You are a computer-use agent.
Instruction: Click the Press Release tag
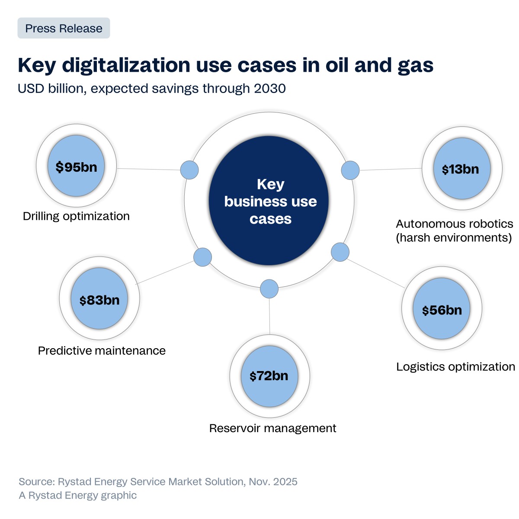tap(64, 29)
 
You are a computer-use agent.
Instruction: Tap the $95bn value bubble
tap(76, 167)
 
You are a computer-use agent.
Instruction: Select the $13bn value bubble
tap(461, 169)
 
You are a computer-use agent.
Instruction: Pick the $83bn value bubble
tap(99, 299)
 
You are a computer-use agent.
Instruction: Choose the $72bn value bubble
tap(269, 376)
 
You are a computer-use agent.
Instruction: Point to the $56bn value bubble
tap(442, 309)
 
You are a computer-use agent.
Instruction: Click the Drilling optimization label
tap(76, 216)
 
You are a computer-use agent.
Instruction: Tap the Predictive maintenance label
tap(102, 350)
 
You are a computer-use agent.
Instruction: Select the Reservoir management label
tap(272, 428)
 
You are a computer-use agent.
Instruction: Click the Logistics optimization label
tap(455, 367)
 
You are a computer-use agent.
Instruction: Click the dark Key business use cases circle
tap(269, 201)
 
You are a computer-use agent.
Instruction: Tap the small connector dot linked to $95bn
tap(189, 170)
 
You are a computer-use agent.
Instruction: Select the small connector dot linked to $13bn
tap(350, 170)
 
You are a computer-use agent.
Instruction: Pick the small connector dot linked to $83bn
tap(202, 257)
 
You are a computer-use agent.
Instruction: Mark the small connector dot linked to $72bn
tap(269, 289)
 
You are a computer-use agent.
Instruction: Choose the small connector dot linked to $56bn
tap(340, 252)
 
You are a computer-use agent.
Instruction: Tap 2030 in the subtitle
tap(270, 89)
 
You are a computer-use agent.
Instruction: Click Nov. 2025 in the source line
tap(273, 482)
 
